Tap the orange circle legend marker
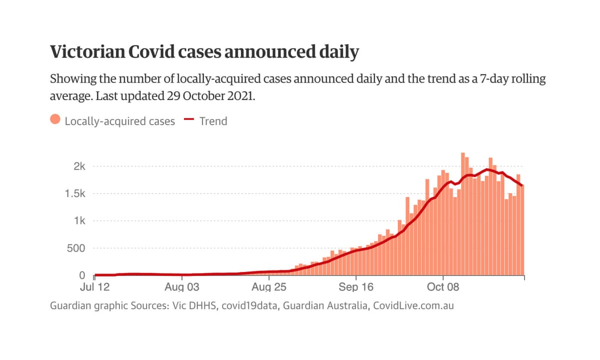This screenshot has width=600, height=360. click(x=55, y=120)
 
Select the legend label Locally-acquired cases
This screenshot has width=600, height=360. click(x=120, y=121)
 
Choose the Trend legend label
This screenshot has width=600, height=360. click(x=213, y=121)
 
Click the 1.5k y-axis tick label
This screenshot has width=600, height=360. click(x=74, y=194)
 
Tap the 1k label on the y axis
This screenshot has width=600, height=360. click(x=79, y=221)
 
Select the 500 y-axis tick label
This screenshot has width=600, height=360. click(x=77, y=248)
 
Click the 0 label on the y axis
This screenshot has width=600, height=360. click(x=82, y=275)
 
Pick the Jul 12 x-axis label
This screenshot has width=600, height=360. click(x=94, y=287)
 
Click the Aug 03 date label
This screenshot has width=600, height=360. click(x=181, y=287)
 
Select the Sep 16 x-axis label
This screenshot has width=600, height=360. click(x=355, y=287)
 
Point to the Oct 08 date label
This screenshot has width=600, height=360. click(x=443, y=287)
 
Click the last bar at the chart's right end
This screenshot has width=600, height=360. click(x=522, y=230)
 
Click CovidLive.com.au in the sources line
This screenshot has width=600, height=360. click(x=413, y=305)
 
